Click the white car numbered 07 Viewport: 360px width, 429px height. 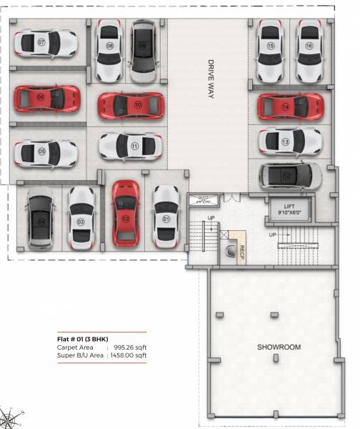pyautogui.click(x=44, y=43)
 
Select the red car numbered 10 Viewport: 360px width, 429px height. pyautogui.click(x=131, y=105)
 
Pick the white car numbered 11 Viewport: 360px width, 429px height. pyautogui.click(x=131, y=146)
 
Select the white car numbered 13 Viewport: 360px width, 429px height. pyautogui.click(x=289, y=142)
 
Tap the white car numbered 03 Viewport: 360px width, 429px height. pyautogui.click(x=81, y=217)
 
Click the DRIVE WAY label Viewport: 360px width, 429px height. pyautogui.click(x=211, y=79)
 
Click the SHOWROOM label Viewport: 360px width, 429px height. pyautogui.click(x=279, y=347)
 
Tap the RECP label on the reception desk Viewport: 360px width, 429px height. pyautogui.click(x=242, y=253)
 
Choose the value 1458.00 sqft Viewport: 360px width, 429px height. pyautogui.click(x=127, y=355)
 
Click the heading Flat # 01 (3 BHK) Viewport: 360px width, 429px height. pyautogui.click(x=84, y=339)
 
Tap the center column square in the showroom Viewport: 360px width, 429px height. pyautogui.click(x=274, y=315)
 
